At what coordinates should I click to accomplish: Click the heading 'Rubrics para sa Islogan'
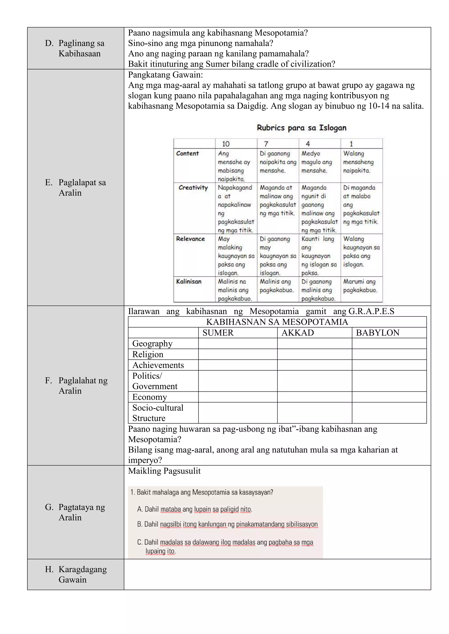(301, 128)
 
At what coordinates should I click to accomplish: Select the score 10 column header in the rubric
(226, 144)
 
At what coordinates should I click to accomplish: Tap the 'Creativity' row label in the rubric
(193, 188)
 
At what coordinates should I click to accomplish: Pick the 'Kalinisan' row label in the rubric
(189, 282)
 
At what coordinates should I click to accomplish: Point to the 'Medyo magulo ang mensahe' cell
(316, 162)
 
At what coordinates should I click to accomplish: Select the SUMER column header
(218, 333)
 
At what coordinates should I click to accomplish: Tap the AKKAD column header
(298, 333)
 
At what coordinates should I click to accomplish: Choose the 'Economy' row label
(150, 397)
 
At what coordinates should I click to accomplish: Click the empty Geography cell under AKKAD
(314, 343)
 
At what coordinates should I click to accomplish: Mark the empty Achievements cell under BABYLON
(389, 365)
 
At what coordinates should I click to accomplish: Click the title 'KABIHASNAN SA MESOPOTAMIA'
(277, 322)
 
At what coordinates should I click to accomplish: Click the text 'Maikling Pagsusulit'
(164, 471)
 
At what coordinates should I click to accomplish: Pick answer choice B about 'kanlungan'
(227, 524)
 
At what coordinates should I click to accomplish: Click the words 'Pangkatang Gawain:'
(165, 75)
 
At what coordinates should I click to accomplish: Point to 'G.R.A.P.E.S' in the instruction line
(371, 312)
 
